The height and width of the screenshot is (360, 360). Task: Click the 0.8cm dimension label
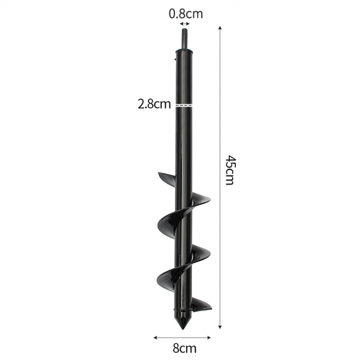pos(186,14)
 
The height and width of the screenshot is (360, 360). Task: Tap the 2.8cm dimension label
pos(155,104)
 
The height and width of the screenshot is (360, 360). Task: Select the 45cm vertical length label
pos(230,170)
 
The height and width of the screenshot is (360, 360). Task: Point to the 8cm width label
pos(184,348)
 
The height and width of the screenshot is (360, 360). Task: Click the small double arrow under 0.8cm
pos(185,24)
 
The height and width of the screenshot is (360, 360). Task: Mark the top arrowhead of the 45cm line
pos(220,28)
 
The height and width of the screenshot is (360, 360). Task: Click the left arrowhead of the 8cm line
pos(155,337)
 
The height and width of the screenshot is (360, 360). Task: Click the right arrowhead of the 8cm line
pos(209,337)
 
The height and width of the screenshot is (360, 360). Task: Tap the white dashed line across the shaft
pos(184,105)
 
